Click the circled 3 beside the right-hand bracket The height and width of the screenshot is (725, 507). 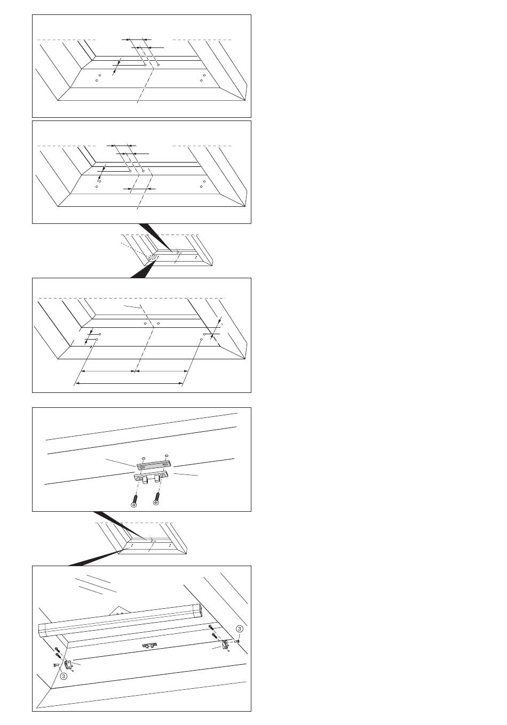(x=239, y=629)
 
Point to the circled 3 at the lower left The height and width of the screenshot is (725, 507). (x=64, y=676)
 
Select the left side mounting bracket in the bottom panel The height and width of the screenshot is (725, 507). (x=69, y=665)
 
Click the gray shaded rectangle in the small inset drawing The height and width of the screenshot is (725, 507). (x=153, y=257)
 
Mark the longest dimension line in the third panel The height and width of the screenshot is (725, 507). (x=129, y=383)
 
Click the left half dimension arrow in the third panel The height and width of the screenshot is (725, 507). (x=108, y=371)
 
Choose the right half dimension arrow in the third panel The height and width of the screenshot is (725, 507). (x=161, y=371)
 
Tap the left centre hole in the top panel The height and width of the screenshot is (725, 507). (x=146, y=65)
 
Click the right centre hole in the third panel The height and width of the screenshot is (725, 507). (x=159, y=324)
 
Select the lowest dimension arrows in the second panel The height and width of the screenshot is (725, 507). (x=139, y=189)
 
